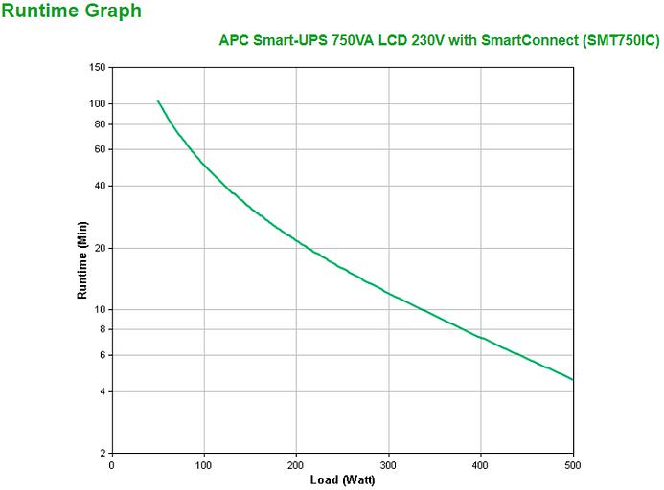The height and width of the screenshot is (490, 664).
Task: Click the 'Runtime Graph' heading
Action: coord(72,11)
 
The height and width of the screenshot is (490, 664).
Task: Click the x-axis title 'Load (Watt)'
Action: coord(341,479)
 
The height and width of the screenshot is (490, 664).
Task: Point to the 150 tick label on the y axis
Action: coord(96,67)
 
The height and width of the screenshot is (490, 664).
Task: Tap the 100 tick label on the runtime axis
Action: coord(96,103)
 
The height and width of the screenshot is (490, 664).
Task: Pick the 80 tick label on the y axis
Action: coord(99,124)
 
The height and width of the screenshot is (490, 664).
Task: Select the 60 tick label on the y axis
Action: coord(99,149)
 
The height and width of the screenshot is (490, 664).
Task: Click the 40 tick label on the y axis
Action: coord(99,186)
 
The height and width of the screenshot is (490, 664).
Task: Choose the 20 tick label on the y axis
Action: coord(99,248)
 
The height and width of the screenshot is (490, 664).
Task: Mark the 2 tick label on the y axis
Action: coord(102,453)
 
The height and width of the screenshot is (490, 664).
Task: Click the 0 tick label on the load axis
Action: coord(111,464)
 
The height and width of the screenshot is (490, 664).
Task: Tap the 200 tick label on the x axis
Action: coord(296,464)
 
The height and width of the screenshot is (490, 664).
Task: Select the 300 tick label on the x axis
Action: coord(388,464)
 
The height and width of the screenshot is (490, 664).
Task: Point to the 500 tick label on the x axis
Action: coord(573,464)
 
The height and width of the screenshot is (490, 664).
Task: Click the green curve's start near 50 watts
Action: coord(158,100)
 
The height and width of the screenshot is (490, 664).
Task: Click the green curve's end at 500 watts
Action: coord(572,379)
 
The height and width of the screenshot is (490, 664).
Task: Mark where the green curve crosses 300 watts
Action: coord(388,292)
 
